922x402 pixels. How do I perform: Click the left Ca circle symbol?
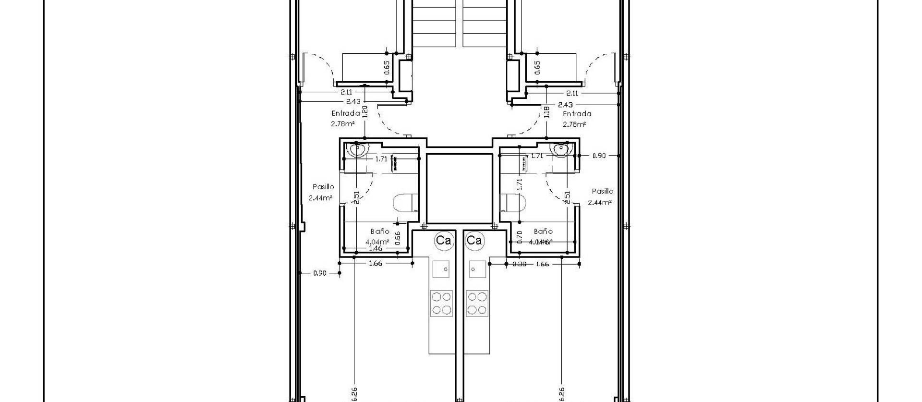(443, 240)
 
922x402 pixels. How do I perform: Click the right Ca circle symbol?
(474, 240)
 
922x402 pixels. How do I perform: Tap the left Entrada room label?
(345, 114)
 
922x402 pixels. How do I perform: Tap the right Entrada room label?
(577, 114)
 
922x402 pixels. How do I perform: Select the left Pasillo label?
(323, 187)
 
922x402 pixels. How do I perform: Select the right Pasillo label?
(602, 191)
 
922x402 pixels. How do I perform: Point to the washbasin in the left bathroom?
(358, 150)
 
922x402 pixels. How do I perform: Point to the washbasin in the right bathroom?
(560, 150)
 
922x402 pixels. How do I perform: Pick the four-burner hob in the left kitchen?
(441, 303)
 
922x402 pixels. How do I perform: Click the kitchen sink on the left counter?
(441, 269)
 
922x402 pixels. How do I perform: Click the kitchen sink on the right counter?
(477, 269)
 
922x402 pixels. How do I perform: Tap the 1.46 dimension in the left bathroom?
(375, 248)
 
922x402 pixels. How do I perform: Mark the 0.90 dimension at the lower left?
(320, 273)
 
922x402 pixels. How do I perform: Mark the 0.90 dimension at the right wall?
(599, 156)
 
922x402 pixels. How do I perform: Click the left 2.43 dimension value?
(353, 101)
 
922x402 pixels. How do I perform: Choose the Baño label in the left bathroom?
(380, 231)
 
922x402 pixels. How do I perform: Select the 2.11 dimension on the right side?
(572, 93)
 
